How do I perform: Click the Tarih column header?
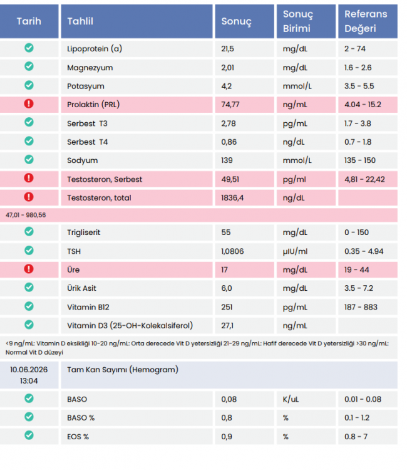pyautogui.click(x=29, y=21)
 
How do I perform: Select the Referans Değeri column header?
pyautogui.click(x=366, y=21)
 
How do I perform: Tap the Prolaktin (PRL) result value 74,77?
pyautogui.click(x=230, y=105)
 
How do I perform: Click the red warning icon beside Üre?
pyautogui.click(x=29, y=269)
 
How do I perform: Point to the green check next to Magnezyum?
pyautogui.click(x=29, y=66)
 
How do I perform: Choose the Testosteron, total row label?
pyautogui.click(x=99, y=198)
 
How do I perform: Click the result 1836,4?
pyautogui.click(x=232, y=198)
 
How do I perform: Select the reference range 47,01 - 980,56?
pyautogui.click(x=26, y=215)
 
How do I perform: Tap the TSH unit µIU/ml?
pyautogui.click(x=295, y=251)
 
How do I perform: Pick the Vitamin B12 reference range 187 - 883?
pyautogui.click(x=361, y=307)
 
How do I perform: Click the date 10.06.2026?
pyautogui.click(x=29, y=370)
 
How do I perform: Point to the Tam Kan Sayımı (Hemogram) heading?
pyautogui.click(x=123, y=370)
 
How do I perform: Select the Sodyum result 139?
pyautogui.click(x=227, y=160)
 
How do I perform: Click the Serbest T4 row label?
pyautogui.click(x=87, y=142)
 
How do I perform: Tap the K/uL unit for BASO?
pyautogui.click(x=291, y=400)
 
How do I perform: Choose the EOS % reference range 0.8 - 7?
pyautogui.click(x=356, y=437)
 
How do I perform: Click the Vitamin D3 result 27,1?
pyautogui.click(x=227, y=326)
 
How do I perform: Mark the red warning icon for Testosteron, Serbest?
pyautogui.click(x=29, y=178)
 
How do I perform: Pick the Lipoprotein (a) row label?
pyautogui.click(x=95, y=49)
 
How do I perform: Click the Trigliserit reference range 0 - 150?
pyautogui.click(x=356, y=232)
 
